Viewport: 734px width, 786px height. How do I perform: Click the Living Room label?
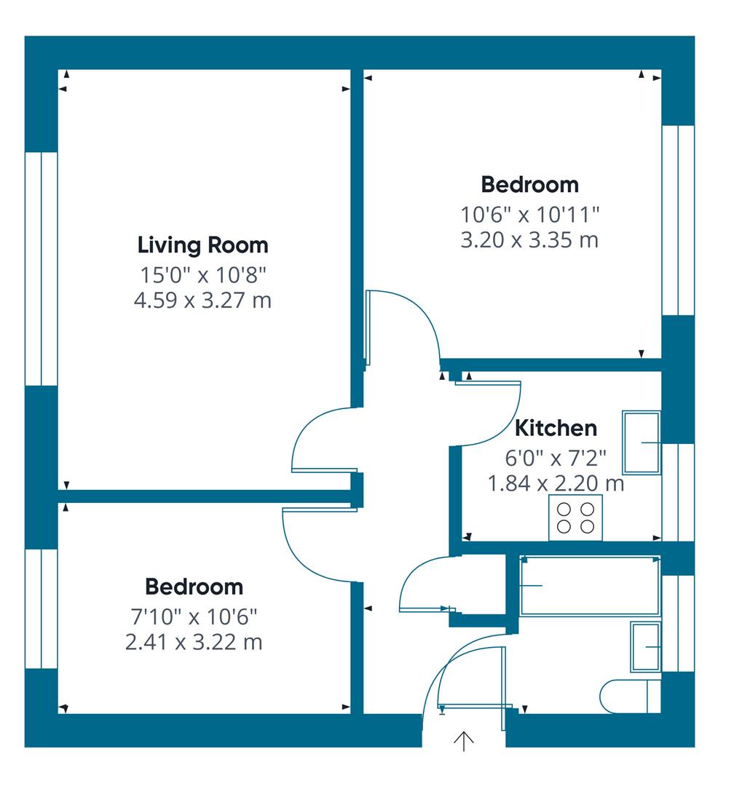[202, 245]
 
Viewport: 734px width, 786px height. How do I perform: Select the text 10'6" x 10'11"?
[529, 215]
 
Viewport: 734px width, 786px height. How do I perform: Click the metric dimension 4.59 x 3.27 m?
[202, 300]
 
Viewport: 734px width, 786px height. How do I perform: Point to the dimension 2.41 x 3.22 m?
[194, 642]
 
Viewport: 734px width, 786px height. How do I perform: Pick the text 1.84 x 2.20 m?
[556, 483]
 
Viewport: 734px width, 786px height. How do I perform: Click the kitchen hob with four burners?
[575, 517]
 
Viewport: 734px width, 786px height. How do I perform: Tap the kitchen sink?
[641, 442]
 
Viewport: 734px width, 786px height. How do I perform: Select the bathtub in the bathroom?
[590, 586]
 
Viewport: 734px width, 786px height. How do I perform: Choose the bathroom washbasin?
[646, 646]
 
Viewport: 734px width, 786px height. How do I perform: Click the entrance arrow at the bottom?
[464, 741]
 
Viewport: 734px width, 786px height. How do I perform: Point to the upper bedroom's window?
[678, 220]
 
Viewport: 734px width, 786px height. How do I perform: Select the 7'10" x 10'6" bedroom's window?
[41, 608]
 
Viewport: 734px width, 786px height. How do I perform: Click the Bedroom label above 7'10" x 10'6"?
[194, 587]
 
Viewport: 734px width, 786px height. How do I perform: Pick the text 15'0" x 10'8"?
[202, 275]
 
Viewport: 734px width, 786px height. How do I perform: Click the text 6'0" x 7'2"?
[556, 458]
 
